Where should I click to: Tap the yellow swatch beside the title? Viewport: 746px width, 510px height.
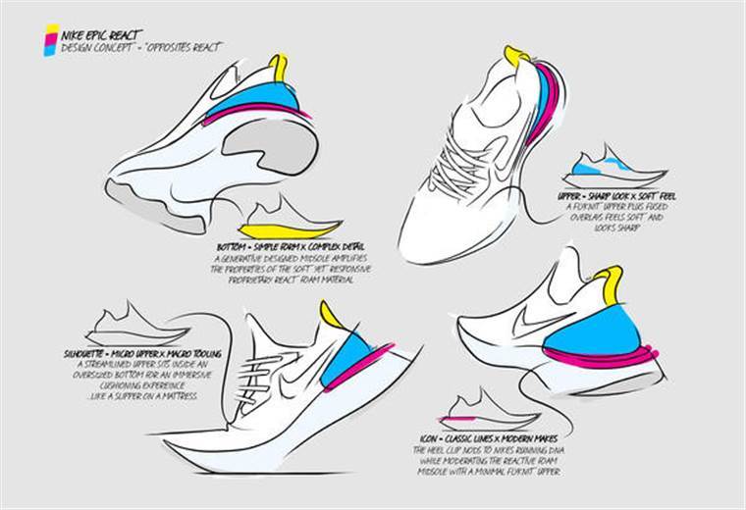[x=50, y=30]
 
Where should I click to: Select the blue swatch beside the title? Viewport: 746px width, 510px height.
[x=49, y=50]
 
